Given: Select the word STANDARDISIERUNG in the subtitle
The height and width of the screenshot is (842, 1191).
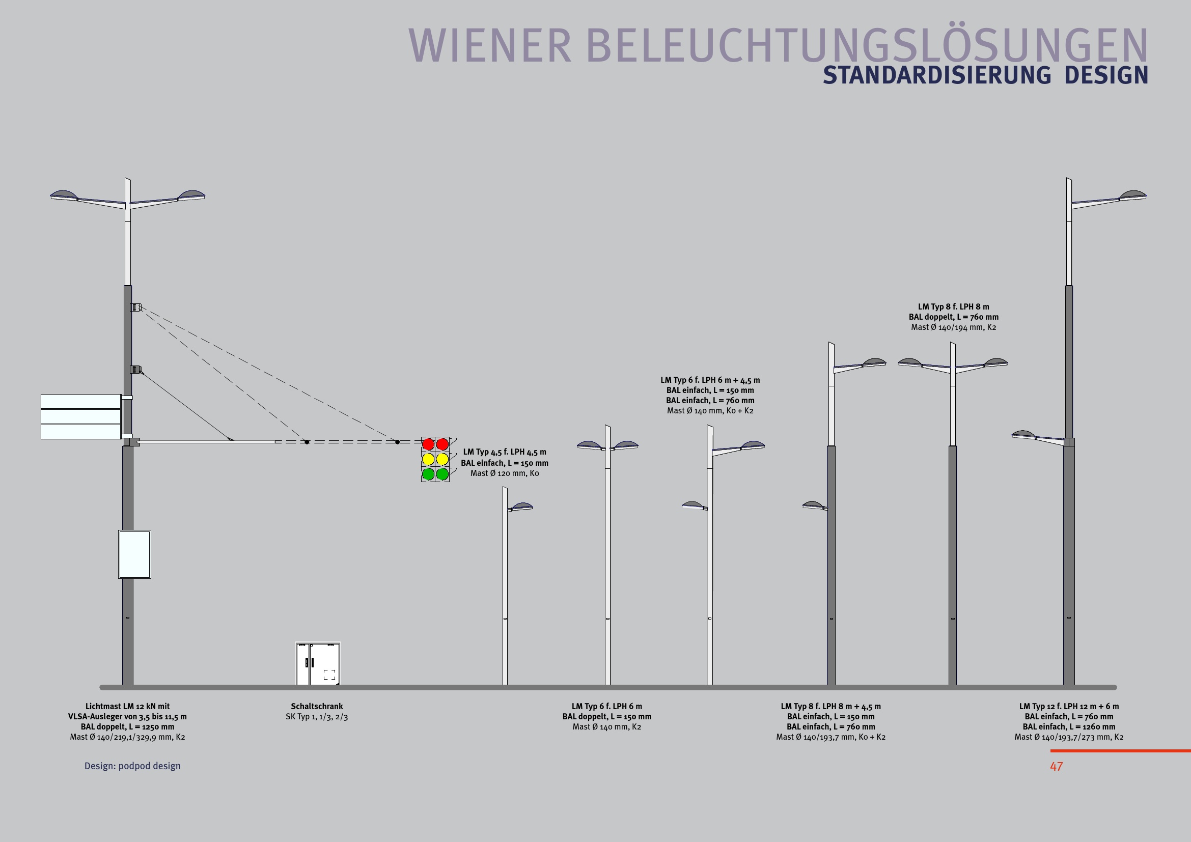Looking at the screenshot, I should (937, 76).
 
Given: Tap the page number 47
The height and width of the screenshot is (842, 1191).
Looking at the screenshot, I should (1056, 766).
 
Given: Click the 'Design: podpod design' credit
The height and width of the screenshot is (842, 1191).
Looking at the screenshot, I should (132, 766).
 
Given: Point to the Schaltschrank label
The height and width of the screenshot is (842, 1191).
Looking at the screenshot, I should (316, 706).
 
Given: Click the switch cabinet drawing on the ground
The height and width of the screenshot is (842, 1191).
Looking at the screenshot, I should (318, 664).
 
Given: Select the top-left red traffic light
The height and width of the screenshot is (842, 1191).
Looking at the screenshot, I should (428, 444).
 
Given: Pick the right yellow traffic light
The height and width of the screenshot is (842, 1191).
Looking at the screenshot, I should (442, 459).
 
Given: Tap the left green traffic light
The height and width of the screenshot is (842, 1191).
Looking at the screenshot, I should (428, 474).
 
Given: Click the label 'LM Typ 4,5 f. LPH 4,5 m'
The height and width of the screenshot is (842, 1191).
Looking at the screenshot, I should (504, 452).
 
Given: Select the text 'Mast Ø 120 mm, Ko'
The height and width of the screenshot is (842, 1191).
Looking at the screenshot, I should (504, 473).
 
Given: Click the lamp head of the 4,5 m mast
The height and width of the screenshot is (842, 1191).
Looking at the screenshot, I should (521, 507).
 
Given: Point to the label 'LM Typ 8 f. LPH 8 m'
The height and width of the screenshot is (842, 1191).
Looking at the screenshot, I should (953, 307).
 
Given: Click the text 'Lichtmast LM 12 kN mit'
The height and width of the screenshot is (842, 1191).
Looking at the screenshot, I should (128, 706).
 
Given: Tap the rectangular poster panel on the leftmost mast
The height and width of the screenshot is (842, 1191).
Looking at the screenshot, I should (134, 554).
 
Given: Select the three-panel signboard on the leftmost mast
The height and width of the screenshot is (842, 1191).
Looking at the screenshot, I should (81, 417).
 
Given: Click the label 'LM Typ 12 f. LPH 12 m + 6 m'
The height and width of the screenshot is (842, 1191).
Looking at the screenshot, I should (1069, 706).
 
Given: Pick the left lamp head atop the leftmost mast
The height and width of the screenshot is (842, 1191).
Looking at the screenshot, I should (64, 195).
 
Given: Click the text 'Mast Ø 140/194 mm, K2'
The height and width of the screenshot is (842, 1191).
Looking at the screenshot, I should (953, 327).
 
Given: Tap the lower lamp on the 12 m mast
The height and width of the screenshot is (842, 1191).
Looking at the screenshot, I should (1024, 434).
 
